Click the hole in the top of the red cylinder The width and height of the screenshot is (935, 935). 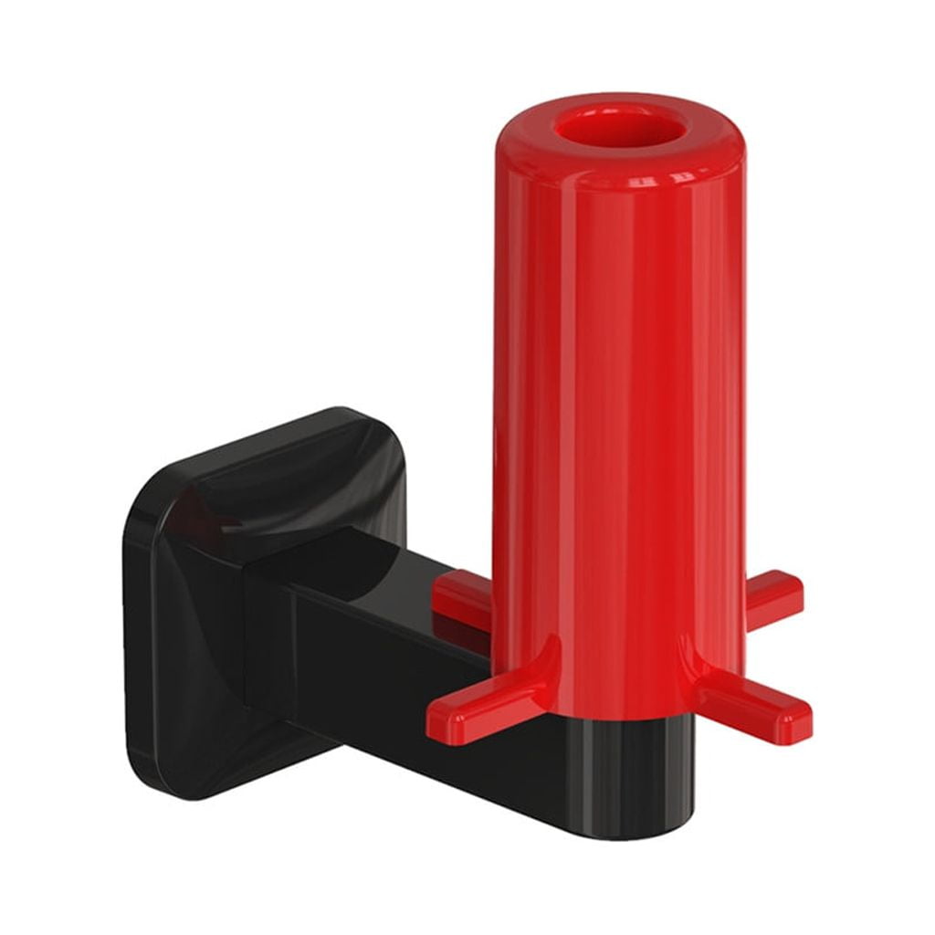tap(620, 128)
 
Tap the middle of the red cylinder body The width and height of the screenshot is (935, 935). tap(620, 411)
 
